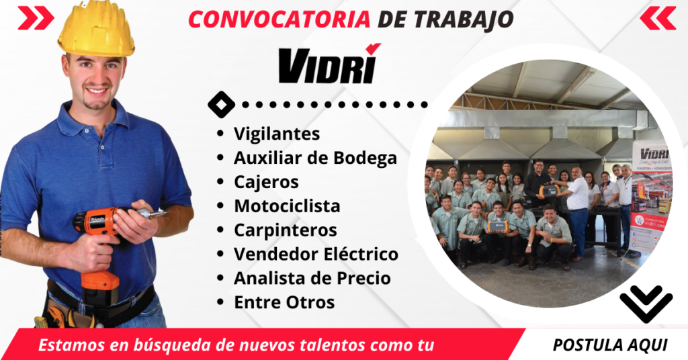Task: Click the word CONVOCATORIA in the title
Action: coord(278,19)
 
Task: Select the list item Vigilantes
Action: coord(276,134)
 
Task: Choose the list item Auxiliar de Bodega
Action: coord(315,159)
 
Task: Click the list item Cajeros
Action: coord(266,182)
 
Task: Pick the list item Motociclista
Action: coord(287,206)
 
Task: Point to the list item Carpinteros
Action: coord(285,230)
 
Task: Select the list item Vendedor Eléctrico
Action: coord(316,254)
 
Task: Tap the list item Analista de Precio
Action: coord(312,278)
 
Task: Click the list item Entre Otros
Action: coord(284,302)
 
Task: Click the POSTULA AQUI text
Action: coord(610,345)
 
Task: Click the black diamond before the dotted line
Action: coord(222,104)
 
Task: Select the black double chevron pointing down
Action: coord(646,302)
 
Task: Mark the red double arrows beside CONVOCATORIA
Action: coord(36,18)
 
